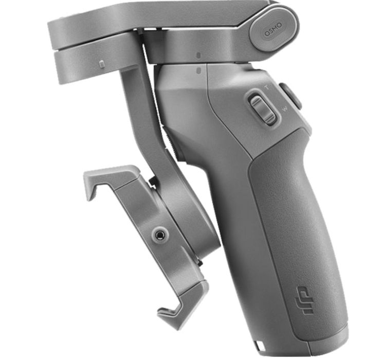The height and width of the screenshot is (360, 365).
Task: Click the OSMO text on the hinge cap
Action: [x=273, y=30]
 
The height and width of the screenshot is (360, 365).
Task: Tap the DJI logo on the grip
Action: [x=303, y=300]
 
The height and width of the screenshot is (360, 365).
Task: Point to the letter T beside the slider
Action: [x=267, y=87]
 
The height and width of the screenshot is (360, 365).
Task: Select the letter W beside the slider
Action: [x=285, y=109]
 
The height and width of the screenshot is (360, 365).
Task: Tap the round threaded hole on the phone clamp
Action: [x=160, y=235]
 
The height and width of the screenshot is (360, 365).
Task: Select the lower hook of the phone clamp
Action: [x=181, y=303]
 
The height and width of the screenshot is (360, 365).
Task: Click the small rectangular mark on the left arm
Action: [x=102, y=64]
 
